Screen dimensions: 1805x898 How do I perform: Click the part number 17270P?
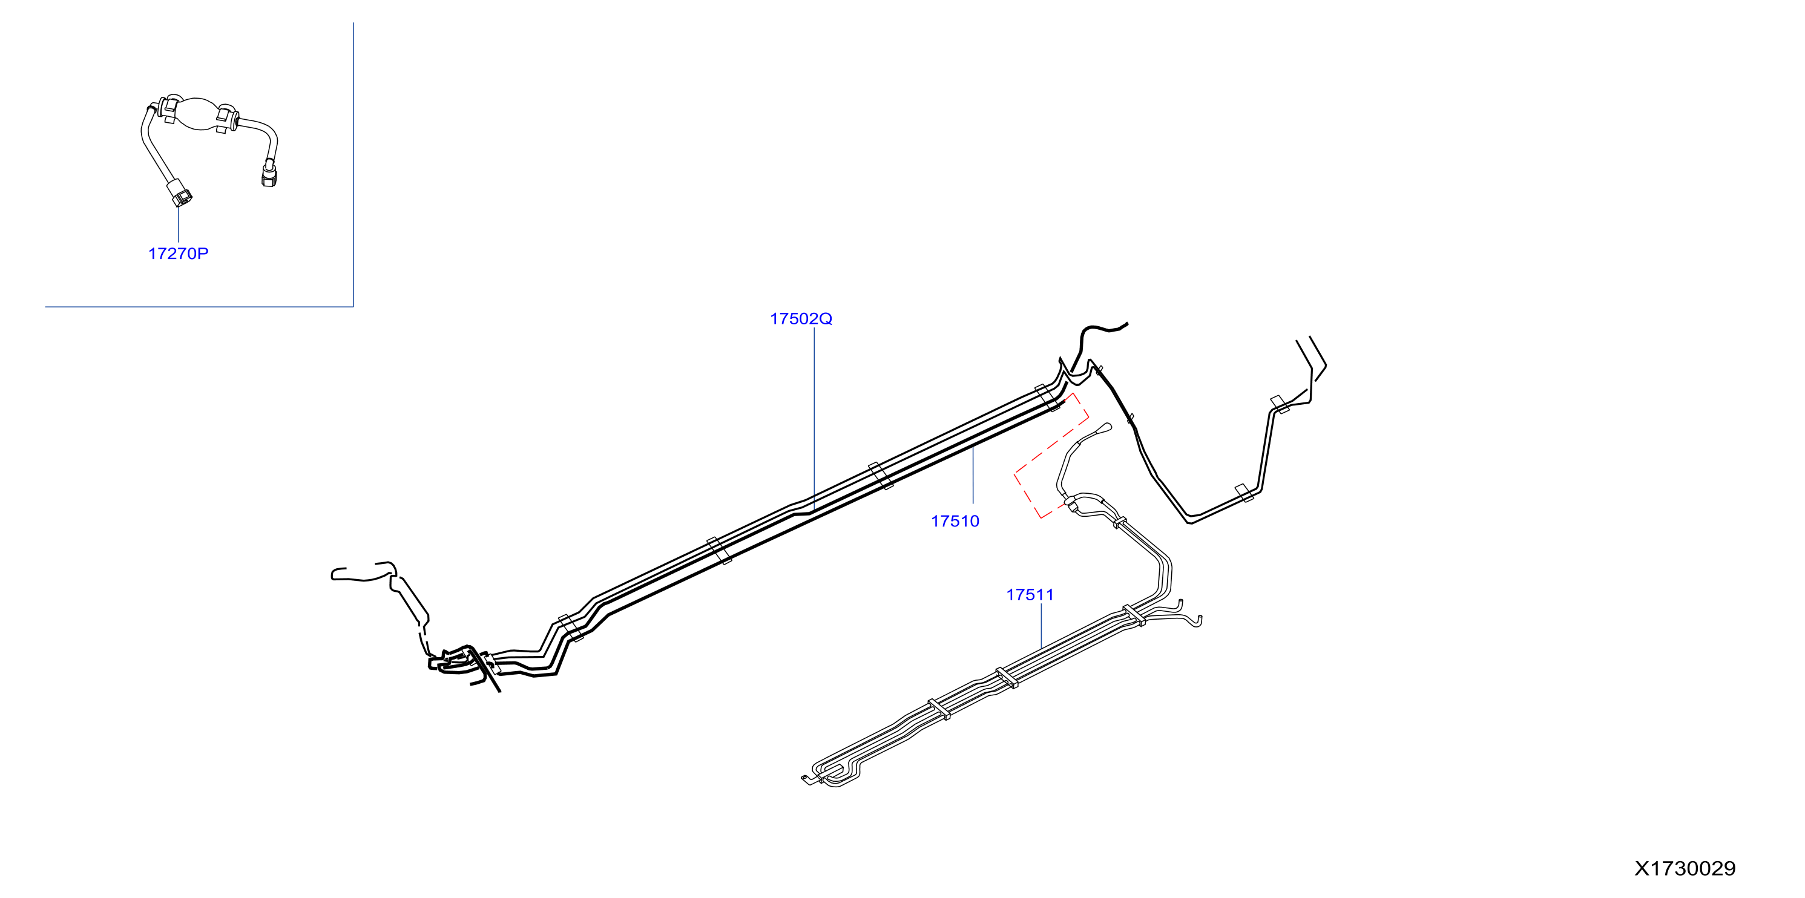pos(178,254)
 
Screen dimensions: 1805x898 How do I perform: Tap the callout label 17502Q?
pos(801,319)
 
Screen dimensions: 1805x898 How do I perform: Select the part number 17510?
pos(955,521)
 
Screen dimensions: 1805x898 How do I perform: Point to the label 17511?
pos(1030,595)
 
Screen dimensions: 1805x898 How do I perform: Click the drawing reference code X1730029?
pos(1685,868)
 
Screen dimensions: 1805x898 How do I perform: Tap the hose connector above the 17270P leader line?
pos(181,192)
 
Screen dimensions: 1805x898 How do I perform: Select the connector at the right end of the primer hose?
pos(268,174)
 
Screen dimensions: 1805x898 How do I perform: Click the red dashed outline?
pos(1051,455)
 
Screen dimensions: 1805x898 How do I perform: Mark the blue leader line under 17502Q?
pos(814,418)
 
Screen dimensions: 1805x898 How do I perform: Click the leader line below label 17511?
pos(1041,626)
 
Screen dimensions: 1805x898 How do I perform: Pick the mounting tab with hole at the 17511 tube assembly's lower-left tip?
pos(806,778)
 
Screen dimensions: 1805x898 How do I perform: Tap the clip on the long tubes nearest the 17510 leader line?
pos(880,476)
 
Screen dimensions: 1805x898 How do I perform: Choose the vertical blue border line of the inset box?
pos(353,165)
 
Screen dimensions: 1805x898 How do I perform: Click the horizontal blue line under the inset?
pos(199,306)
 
